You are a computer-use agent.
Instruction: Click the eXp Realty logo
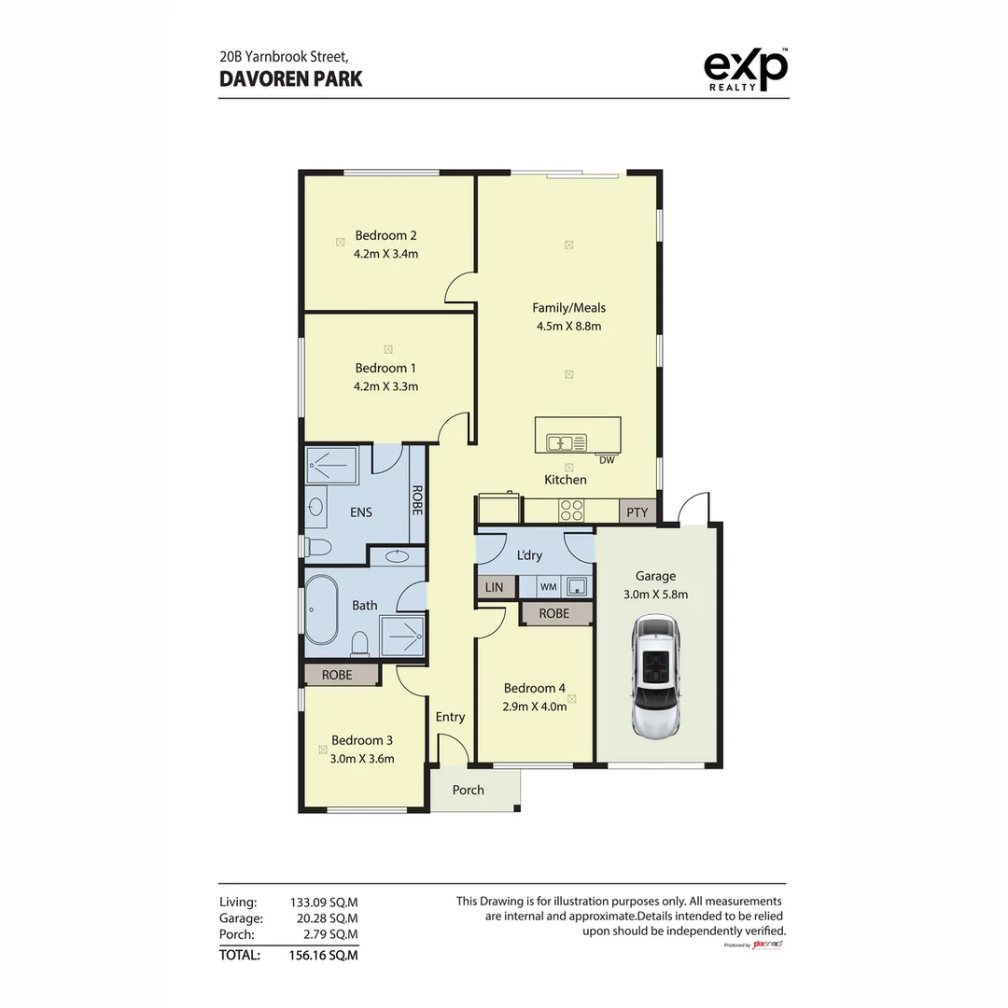[744, 70]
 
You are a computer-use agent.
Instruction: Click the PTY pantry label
[637, 512]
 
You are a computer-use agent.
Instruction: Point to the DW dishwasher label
[607, 459]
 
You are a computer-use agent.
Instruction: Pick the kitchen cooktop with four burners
[570, 511]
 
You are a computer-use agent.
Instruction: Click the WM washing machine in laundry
[548, 587]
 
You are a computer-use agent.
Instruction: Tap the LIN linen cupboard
[494, 587]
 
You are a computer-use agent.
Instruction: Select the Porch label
[469, 790]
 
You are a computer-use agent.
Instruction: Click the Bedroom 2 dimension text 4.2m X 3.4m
[385, 253]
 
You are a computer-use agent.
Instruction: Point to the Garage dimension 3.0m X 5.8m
[655, 594]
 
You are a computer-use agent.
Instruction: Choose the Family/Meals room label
[568, 307]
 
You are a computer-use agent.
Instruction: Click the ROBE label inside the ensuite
[416, 502]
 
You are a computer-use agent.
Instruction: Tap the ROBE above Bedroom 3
[337, 674]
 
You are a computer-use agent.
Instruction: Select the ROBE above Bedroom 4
[554, 613]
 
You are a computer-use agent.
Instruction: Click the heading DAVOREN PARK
[291, 78]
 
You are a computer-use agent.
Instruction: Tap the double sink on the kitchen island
[566, 442]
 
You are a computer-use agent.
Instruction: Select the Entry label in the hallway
[450, 717]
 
